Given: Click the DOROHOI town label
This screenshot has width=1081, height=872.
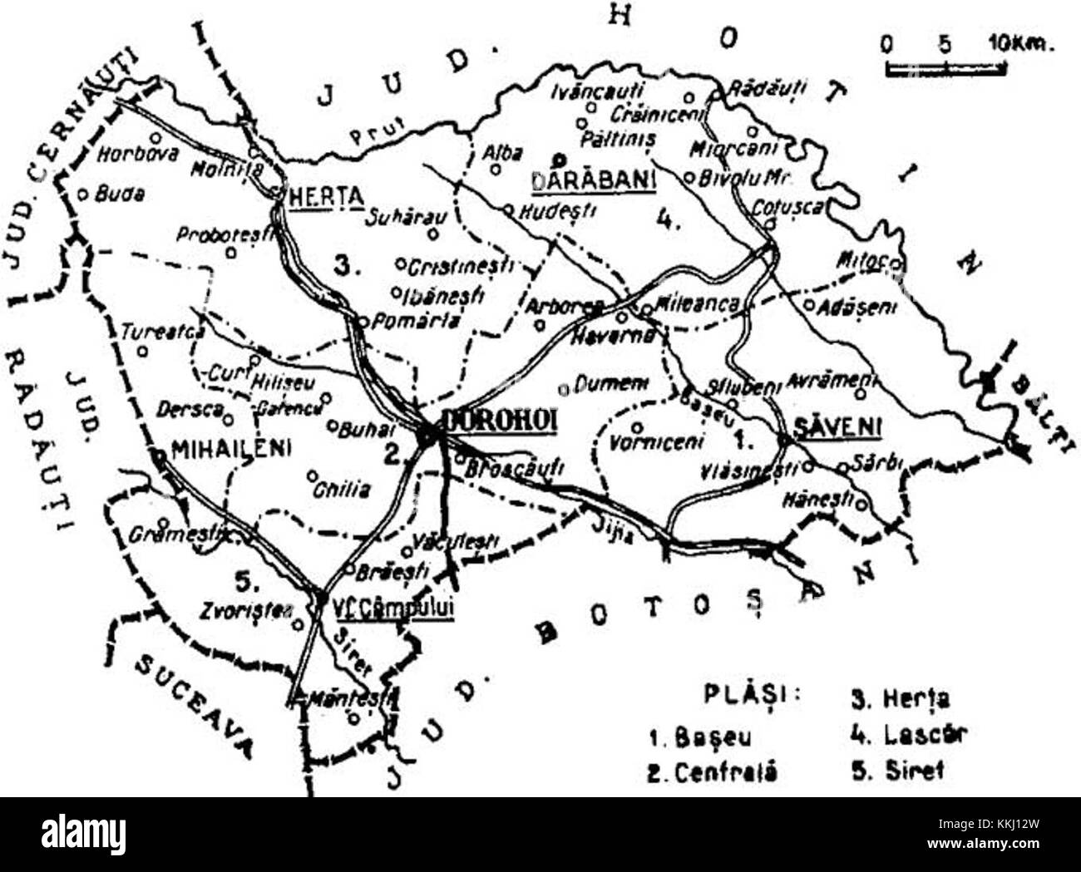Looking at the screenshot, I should coord(500,420).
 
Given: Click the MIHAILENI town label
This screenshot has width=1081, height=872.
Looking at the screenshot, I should coord(230,448).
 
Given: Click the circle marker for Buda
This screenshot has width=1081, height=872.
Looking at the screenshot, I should coord(83,194).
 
